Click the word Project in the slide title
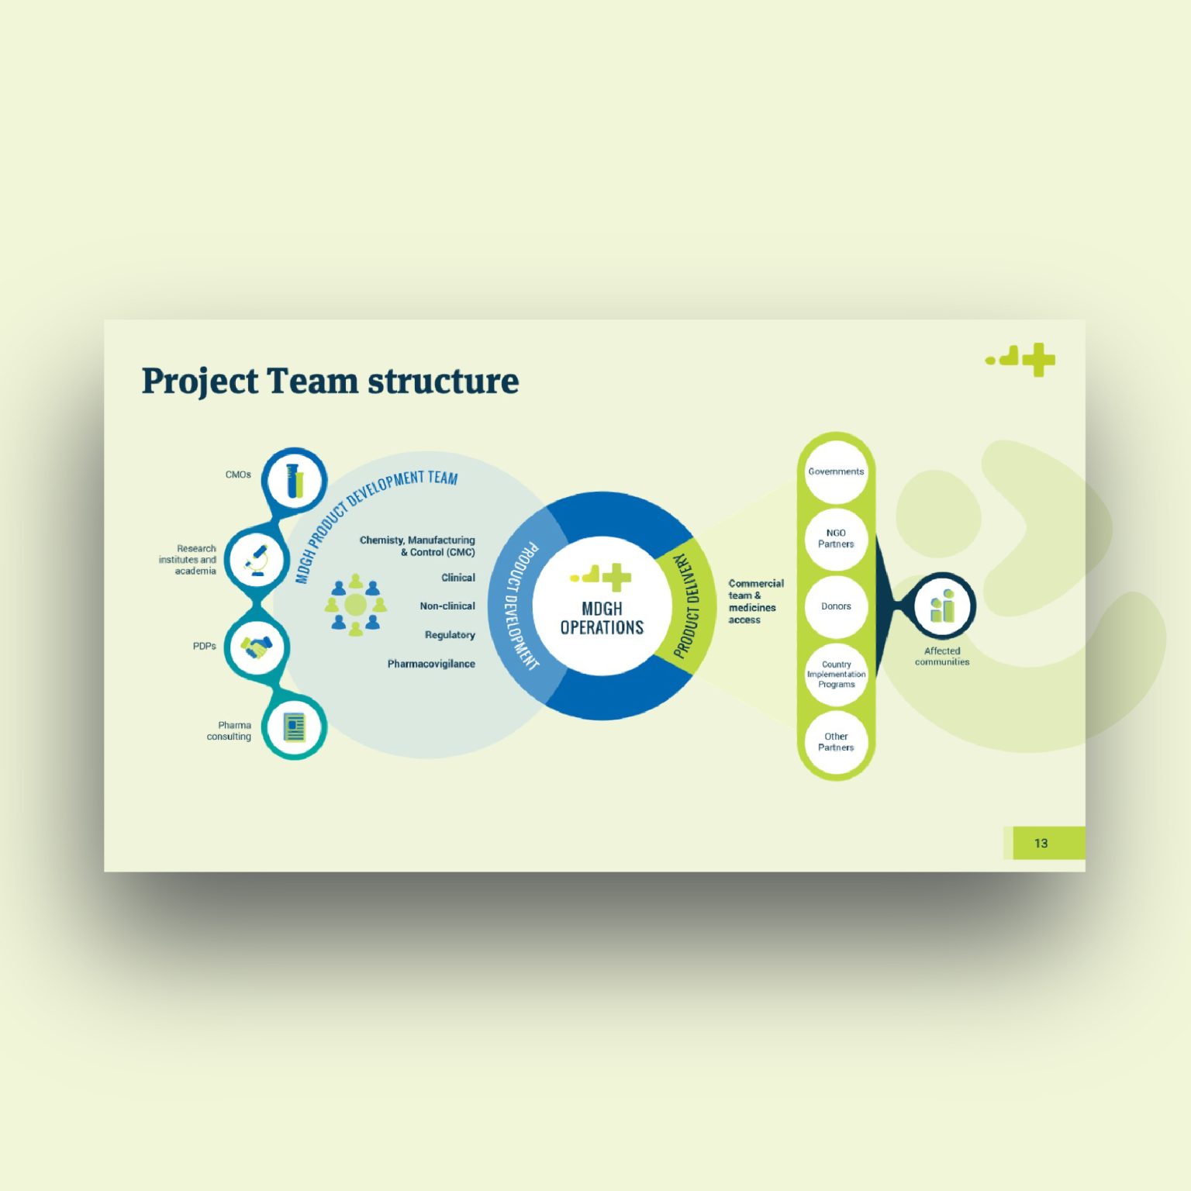[199, 381]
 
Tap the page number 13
[1041, 843]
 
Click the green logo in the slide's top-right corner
[1022, 360]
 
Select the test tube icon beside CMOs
[294, 480]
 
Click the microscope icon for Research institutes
[257, 559]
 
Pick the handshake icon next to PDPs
[257, 646]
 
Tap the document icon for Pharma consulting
[294, 727]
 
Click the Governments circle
[836, 471]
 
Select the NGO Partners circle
[836, 538]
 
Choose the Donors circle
[836, 606]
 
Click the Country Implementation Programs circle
[836, 674]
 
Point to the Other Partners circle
[836, 742]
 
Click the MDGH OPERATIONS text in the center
[602, 618]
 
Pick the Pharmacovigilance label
[431, 664]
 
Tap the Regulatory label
[450, 635]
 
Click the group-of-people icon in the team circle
[355, 605]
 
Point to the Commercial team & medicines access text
[754, 601]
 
